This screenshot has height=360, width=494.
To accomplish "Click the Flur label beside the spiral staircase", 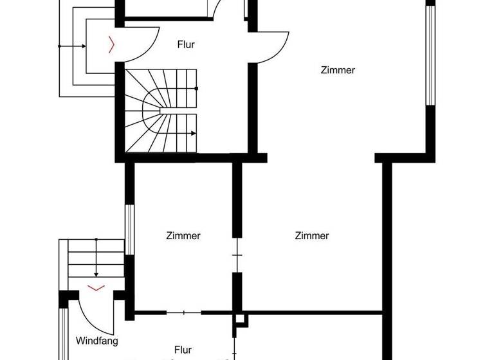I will point(185,45).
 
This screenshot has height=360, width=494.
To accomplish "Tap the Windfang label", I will point(96,340).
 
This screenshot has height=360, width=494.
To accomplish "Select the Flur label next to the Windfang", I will point(183,349).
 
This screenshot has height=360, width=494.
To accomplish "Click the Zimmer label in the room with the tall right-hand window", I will point(338,71).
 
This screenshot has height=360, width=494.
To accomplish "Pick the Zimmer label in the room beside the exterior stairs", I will point(183,236).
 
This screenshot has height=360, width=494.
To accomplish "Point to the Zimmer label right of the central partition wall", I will point(312,236).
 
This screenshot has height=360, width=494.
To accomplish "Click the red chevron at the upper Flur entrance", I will point(113,44).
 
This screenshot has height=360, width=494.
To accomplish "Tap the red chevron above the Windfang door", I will point(96,287).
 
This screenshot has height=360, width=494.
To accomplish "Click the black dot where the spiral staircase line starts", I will point(196,88).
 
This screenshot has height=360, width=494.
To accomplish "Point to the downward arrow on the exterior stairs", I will point(96,271).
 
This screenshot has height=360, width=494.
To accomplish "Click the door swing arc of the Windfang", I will point(90,315).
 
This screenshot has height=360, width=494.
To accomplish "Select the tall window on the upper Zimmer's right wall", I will point(429,55).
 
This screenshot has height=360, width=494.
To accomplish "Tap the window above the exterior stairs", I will point(129,230).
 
